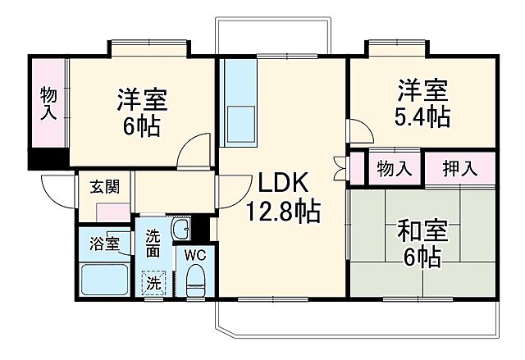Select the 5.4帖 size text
click(423, 116)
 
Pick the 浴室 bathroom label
click(105, 244)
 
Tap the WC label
click(194, 253)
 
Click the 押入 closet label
click(460, 169)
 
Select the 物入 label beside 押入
click(395, 169)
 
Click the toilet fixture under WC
click(194, 282)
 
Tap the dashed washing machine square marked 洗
click(153, 284)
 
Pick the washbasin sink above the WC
click(183, 229)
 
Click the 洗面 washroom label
click(153, 244)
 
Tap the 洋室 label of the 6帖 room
click(143, 100)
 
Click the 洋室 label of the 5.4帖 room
click(423, 88)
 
